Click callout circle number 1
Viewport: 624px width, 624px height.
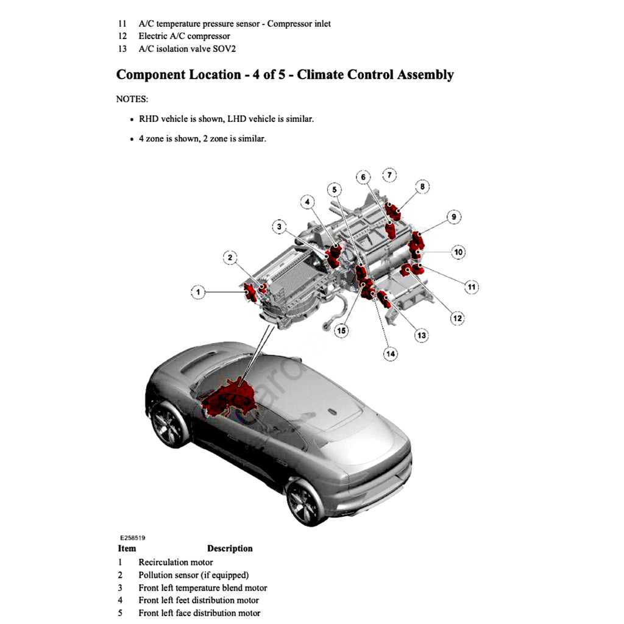197,292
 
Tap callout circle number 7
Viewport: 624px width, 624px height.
389,175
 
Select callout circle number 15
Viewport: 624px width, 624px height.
341,331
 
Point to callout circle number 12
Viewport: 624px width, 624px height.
457,317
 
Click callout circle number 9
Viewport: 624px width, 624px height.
453,216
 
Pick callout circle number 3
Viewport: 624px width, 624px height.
278,227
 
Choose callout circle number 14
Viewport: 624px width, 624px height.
390,353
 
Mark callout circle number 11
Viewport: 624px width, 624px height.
471,286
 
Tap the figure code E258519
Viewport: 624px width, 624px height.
132,538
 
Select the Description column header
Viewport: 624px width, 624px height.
230,548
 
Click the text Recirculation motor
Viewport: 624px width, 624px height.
175,562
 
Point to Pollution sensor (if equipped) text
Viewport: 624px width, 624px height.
193,575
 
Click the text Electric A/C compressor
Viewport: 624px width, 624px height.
184,36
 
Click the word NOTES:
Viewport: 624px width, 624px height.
132,99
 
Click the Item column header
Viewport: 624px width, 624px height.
127,548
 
